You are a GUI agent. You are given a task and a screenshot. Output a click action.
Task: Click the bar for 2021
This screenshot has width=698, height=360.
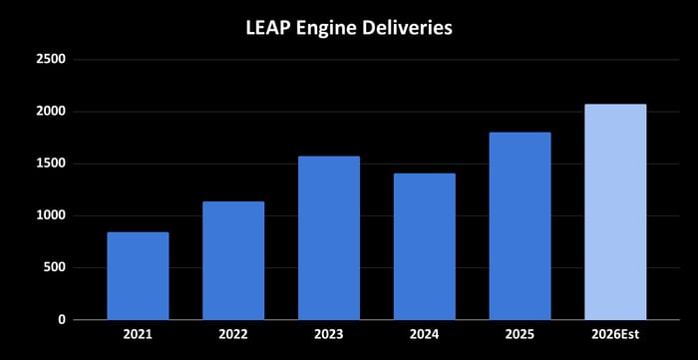point(138,276)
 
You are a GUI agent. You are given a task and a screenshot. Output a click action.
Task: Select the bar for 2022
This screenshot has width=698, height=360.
point(233,260)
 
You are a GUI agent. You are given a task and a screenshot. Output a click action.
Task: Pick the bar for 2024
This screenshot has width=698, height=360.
point(424,246)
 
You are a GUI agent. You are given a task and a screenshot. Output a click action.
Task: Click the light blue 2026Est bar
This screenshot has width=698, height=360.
point(615,211)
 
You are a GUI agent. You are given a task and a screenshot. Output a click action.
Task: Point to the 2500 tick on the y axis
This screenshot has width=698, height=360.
point(50,60)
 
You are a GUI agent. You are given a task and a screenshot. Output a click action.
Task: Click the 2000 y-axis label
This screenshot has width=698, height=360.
point(50,112)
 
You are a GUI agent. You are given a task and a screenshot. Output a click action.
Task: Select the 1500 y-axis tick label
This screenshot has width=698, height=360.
point(50,164)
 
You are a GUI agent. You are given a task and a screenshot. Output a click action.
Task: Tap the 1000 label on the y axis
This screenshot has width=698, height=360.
point(50,215)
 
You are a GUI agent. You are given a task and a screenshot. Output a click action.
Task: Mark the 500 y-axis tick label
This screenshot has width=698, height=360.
point(54,267)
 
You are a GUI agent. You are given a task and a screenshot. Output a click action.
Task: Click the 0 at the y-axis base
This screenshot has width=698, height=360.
point(62,319)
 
